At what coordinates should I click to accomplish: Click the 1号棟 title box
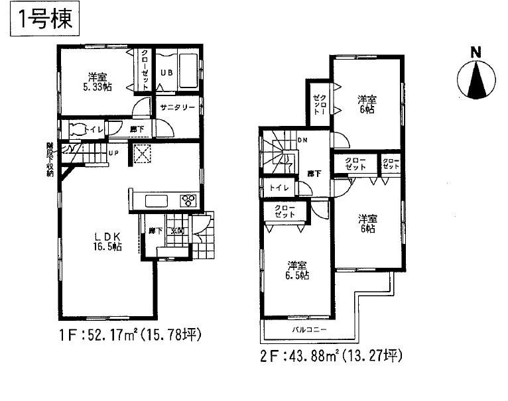pyautogui.click(x=42, y=19)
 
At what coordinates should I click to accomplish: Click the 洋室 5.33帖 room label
pyautogui.click(x=96, y=80)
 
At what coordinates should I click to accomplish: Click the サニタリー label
pyautogui.click(x=176, y=105)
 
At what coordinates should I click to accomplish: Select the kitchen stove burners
pyautogui.click(x=188, y=200)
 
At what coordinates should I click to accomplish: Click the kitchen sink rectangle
pyautogui.click(x=158, y=201)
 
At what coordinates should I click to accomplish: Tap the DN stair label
pyautogui.click(x=302, y=140)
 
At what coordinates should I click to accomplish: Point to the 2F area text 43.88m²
pyautogui.click(x=332, y=356)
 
